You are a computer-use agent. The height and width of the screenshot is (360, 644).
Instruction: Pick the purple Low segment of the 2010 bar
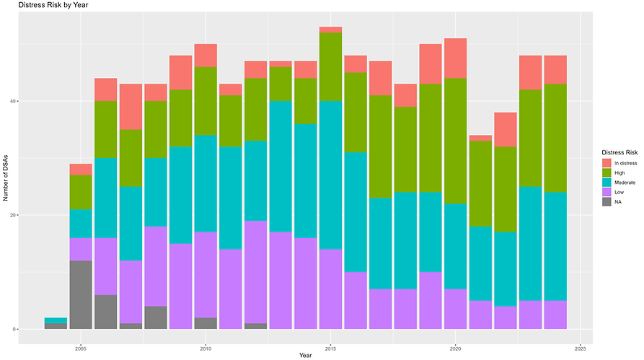(x=206, y=275)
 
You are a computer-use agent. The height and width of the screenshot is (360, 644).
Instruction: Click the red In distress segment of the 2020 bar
(x=454, y=58)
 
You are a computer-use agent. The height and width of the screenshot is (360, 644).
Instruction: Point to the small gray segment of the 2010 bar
(x=206, y=323)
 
